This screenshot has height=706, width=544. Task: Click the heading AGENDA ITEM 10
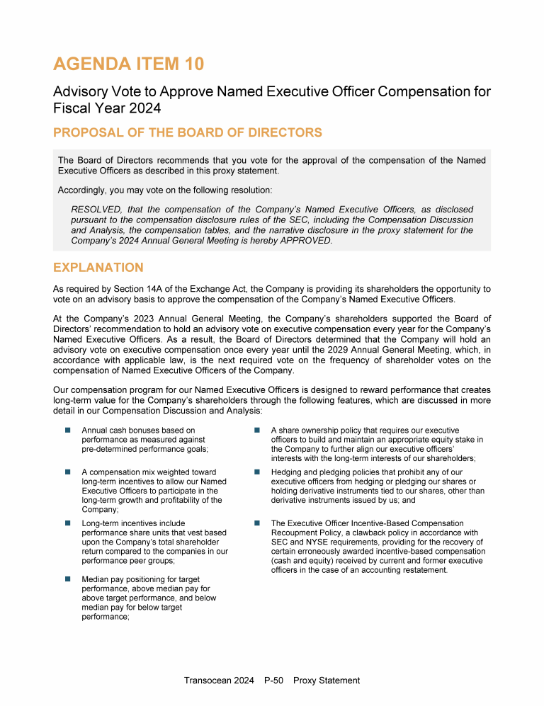click(x=128, y=64)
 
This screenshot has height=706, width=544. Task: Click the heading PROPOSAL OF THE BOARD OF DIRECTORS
click(x=187, y=132)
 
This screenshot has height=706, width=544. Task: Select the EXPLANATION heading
click(x=98, y=268)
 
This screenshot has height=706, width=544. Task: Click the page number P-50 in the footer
click(x=273, y=681)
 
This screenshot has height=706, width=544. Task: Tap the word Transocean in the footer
click(x=205, y=681)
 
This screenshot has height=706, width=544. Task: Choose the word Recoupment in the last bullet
click(x=293, y=533)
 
